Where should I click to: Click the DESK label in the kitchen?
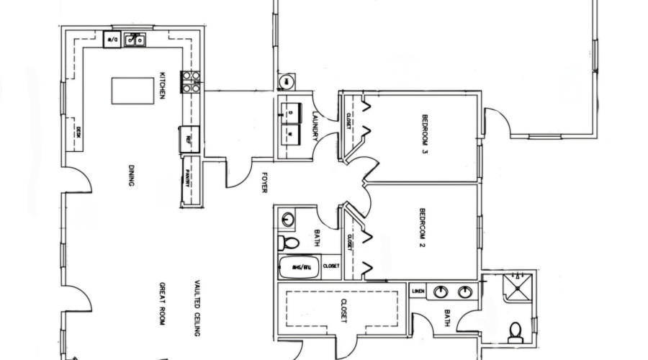point(78,132)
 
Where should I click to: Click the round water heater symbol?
point(285,82)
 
